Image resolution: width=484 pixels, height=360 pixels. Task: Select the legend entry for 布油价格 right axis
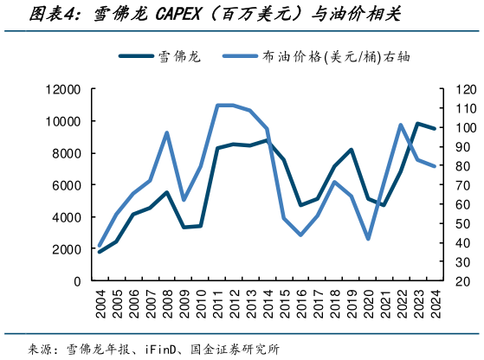(333, 58)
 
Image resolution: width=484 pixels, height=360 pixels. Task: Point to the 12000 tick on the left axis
(62, 89)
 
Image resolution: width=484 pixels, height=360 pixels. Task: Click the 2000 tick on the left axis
(66, 249)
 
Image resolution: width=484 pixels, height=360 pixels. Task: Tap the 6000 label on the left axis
(66, 185)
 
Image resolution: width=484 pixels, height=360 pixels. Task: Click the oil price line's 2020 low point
(369, 238)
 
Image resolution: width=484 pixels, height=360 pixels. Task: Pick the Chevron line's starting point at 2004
(100, 252)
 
